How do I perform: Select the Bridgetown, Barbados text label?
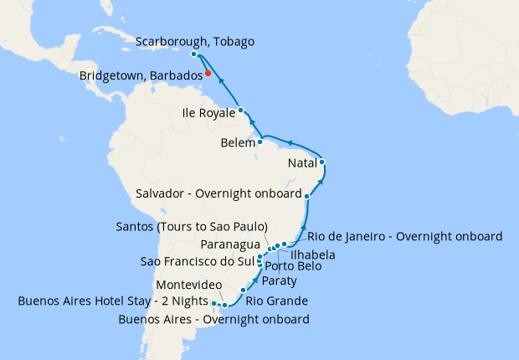click(140, 76)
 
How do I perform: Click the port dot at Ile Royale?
click(240, 110)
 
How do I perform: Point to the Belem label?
click(238, 143)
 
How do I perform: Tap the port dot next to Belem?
click(261, 141)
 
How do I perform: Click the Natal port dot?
click(322, 162)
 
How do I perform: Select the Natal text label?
click(301, 162)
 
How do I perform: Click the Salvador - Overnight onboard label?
click(218, 194)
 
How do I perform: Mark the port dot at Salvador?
click(308, 196)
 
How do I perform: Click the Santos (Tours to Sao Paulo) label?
click(192, 227)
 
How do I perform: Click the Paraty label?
click(279, 280)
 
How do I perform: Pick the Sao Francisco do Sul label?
click(198, 261)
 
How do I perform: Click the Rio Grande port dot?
click(243, 291)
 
